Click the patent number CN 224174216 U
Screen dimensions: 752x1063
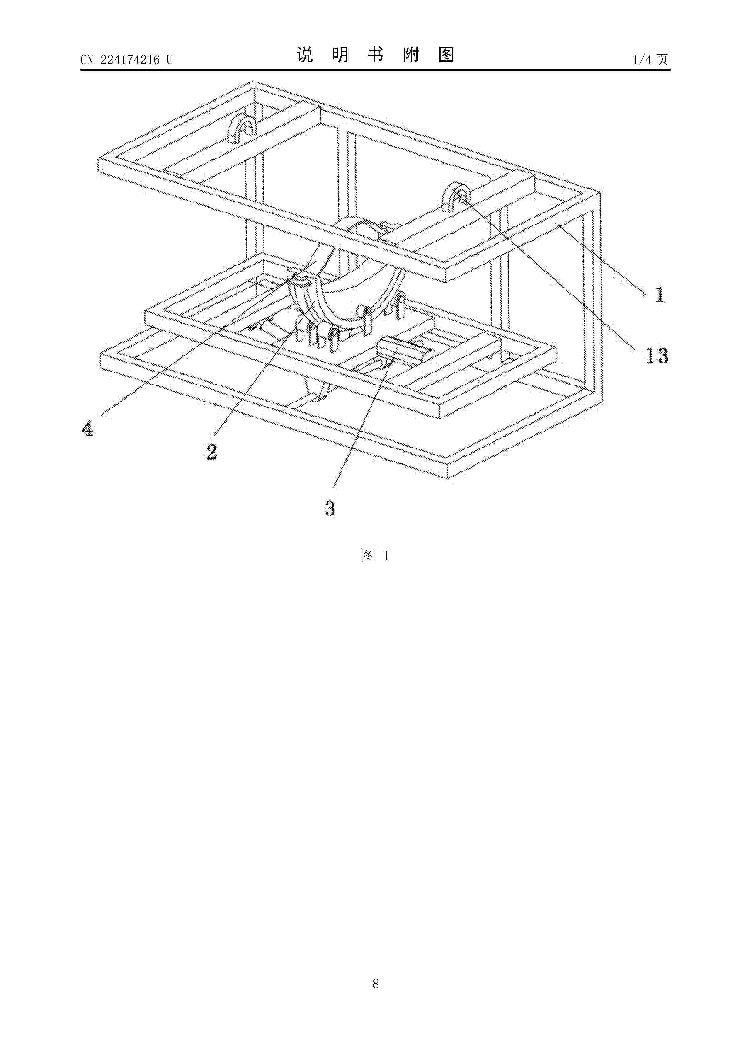point(126,60)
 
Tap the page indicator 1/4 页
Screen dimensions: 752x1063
point(650,60)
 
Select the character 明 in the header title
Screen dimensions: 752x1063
point(340,55)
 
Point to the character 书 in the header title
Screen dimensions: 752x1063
point(376,55)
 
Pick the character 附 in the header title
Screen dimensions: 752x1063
point(411,55)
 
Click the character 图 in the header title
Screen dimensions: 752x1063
point(446,55)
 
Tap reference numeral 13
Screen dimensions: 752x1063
point(657,355)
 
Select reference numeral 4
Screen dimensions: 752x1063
point(88,428)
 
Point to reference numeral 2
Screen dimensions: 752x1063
point(212,452)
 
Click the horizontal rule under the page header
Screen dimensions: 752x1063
point(375,70)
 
